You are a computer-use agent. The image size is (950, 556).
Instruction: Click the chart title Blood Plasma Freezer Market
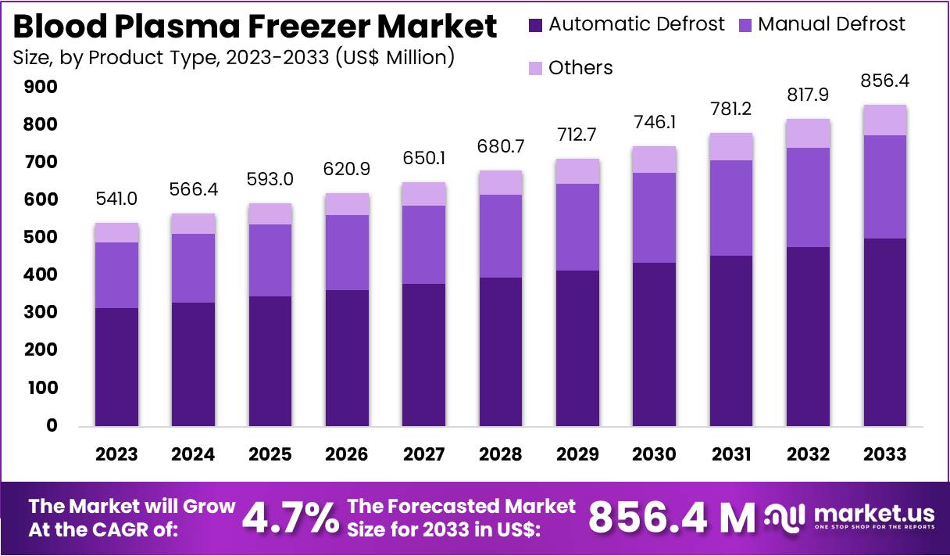255,27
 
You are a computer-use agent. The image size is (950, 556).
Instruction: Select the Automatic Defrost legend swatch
535,24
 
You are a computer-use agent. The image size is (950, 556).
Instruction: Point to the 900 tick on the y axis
41,87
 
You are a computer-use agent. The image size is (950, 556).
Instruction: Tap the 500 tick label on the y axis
41,238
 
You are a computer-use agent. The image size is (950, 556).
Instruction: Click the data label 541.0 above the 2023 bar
116,199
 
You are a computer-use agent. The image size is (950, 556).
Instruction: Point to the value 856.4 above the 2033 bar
885,81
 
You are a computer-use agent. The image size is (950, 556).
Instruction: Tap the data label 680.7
501,147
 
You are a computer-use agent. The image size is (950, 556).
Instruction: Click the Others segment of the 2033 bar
885,120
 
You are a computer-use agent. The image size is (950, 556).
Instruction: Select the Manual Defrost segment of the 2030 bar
655,217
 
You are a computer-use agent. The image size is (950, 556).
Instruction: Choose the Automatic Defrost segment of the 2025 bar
270,361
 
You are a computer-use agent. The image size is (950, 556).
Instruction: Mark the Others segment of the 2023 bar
116,233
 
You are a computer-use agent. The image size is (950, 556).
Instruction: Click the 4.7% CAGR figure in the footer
290,518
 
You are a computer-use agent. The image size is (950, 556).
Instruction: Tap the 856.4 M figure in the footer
671,518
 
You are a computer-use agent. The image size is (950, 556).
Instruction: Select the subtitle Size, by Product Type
234,58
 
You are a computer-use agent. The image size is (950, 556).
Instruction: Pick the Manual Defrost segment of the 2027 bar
424,245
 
